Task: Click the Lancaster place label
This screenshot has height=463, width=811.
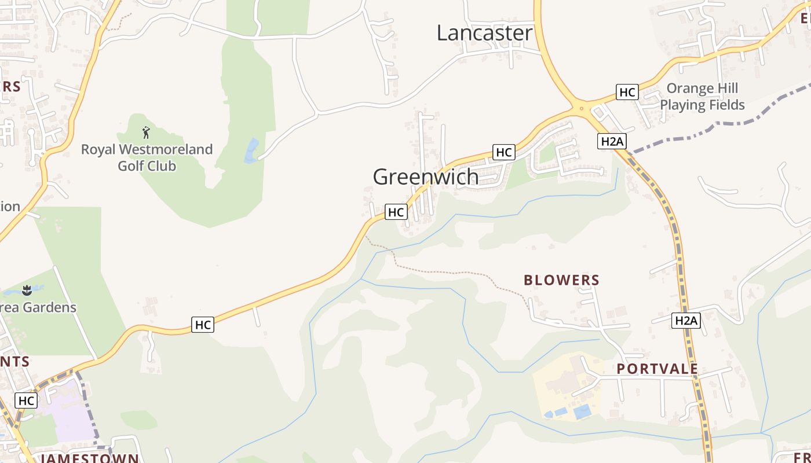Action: tap(484, 33)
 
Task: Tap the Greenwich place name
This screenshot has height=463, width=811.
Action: tap(426, 177)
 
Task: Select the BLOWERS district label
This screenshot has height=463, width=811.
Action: tap(561, 280)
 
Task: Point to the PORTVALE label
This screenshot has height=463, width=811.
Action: tap(657, 369)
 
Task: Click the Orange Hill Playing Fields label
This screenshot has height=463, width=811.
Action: tap(702, 97)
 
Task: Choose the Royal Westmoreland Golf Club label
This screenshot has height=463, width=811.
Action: tap(147, 157)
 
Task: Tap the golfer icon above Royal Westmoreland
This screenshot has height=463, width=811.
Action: tap(146, 133)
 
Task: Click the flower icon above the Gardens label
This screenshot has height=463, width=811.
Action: tap(27, 290)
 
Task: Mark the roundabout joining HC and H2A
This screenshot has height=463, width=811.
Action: tap(580, 108)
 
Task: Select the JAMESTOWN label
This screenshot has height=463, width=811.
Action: tap(90, 458)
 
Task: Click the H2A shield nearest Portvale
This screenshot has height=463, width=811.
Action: tap(686, 321)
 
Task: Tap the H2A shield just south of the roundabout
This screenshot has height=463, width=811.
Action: tap(612, 141)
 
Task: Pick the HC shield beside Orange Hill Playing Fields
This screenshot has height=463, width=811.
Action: tap(627, 92)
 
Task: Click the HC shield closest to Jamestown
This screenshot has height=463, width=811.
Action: tap(26, 400)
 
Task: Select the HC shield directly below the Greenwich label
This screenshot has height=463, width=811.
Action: tap(396, 212)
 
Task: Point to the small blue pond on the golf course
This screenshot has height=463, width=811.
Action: tap(251, 151)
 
